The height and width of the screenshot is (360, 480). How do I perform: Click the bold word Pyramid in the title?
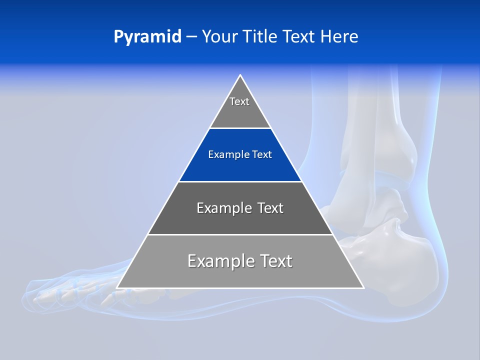[x=147, y=37]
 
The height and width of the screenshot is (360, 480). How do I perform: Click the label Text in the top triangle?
[x=239, y=101]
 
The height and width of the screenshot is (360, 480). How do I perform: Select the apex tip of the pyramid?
[x=240, y=75]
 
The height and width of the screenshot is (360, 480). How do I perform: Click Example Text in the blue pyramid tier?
[x=240, y=154]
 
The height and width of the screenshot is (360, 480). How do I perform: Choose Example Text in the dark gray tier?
[x=240, y=208]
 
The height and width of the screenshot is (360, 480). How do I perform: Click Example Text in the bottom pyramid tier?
[x=240, y=261]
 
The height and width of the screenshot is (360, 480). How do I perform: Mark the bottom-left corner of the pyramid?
[x=117, y=287]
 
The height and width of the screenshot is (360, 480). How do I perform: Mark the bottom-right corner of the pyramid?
[x=363, y=287]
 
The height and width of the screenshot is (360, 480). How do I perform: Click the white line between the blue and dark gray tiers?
[x=240, y=181]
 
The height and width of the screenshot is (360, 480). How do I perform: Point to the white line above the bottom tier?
[x=240, y=234]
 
